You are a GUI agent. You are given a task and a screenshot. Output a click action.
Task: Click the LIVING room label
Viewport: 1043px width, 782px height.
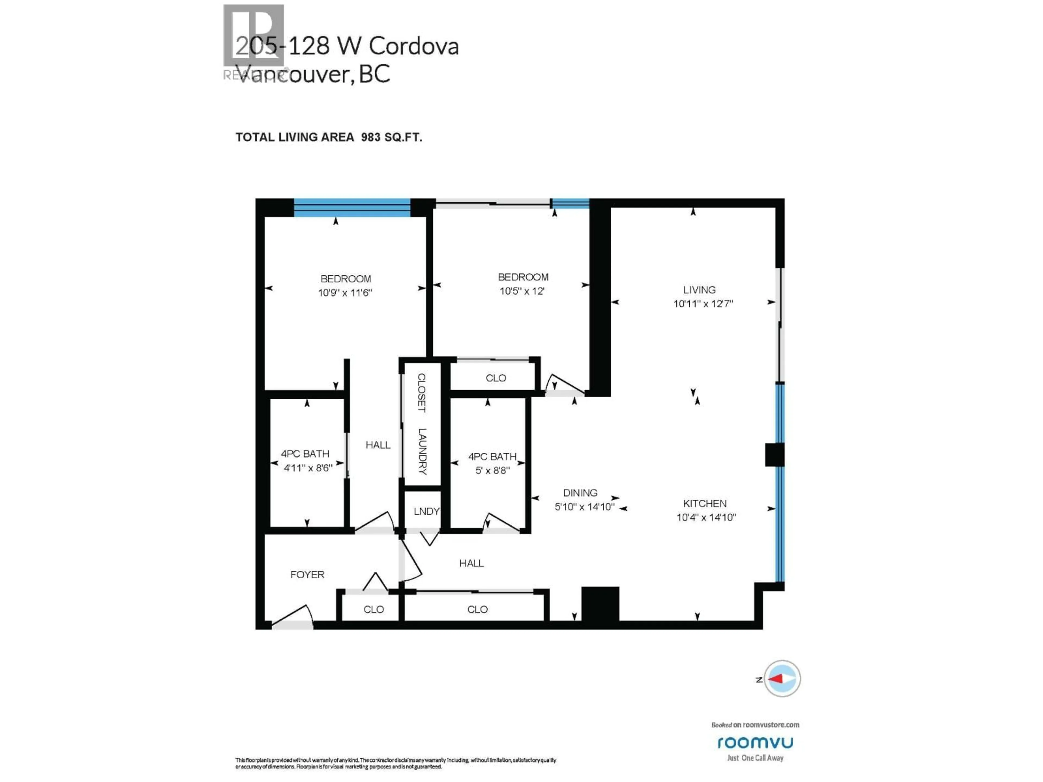pyautogui.click(x=699, y=290)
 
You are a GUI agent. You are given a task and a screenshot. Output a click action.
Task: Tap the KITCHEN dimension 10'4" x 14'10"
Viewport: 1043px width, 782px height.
pyautogui.click(x=706, y=518)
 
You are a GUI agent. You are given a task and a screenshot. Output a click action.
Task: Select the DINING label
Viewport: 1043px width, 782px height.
pyautogui.click(x=580, y=493)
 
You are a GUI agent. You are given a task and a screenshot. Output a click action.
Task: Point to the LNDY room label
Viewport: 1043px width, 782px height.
pyautogui.click(x=426, y=512)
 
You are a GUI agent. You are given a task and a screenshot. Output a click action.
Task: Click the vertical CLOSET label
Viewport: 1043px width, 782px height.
pyautogui.click(x=422, y=393)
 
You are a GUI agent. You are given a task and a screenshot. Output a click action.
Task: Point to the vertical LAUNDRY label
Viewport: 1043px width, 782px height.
pyautogui.click(x=422, y=451)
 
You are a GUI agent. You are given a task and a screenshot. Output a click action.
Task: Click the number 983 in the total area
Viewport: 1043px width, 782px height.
pyautogui.click(x=370, y=137)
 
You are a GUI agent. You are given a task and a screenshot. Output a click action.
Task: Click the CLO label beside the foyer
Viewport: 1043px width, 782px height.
pyautogui.click(x=373, y=610)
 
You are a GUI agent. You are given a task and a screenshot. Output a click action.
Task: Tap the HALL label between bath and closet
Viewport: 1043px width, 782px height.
pyautogui.click(x=378, y=445)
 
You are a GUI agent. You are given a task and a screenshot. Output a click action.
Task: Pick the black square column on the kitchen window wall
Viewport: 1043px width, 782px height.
pyautogui.click(x=774, y=455)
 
